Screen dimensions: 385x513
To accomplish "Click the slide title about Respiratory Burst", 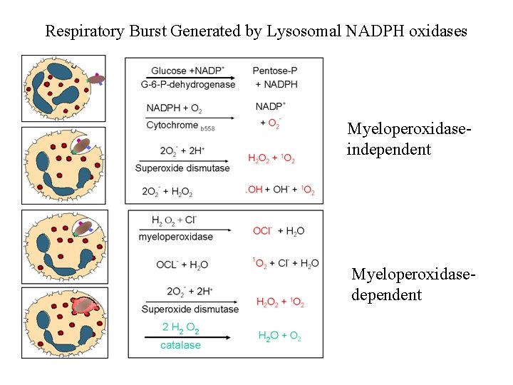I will [x=256, y=31].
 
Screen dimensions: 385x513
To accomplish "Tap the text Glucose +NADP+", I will [x=186, y=71].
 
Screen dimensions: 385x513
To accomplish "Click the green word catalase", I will [x=180, y=345].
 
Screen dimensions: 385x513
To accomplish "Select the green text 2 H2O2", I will [x=181, y=327].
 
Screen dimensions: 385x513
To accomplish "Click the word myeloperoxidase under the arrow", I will [x=175, y=237].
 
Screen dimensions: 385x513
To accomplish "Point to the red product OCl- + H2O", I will [x=279, y=230].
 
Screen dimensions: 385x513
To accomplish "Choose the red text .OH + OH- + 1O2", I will [x=280, y=190].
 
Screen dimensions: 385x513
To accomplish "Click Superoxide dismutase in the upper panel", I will [x=182, y=168].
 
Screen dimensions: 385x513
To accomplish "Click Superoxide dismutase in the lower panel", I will [x=190, y=309].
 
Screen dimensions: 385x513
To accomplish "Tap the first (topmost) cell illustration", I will [x=63, y=88].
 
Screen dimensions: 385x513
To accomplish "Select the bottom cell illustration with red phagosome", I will [x=63, y=324].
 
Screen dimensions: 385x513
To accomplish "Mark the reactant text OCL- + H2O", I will [x=182, y=265].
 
